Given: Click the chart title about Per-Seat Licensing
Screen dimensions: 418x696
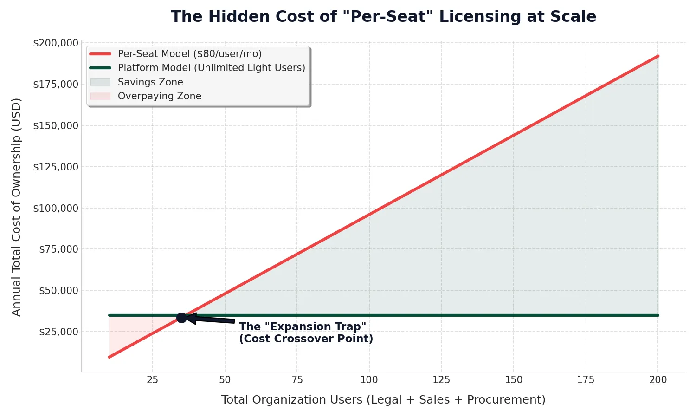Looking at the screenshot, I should [383, 17].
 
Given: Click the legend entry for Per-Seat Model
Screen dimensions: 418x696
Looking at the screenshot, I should [189, 54].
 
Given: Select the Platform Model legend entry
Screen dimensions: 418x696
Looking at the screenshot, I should [211, 68].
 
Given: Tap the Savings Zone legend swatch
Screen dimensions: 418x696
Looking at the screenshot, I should [100, 82].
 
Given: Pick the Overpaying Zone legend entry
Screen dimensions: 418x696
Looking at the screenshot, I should [159, 96].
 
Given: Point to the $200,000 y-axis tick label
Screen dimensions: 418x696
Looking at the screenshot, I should [56, 43].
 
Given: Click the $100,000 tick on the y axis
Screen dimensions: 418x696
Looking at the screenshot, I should [56, 208].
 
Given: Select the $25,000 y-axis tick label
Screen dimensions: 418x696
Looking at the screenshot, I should [58, 332].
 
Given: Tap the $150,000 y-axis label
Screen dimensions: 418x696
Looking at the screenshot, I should [56, 125].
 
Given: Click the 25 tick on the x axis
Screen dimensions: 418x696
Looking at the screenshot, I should [153, 380].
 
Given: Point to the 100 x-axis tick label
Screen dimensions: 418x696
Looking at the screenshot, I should [369, 380].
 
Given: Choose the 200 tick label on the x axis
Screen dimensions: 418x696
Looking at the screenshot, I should [658, 380].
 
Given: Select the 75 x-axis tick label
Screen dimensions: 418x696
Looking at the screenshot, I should [297, 380].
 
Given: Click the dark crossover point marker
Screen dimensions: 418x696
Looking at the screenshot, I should [181, 318].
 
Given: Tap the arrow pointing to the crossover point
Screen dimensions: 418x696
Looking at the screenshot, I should [211, 320].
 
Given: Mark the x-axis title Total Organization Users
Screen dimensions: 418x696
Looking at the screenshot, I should [383, 400].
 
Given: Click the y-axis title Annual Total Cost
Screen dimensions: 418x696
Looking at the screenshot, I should [17, 207].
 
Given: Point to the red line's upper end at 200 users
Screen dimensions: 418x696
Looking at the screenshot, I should [657, 56].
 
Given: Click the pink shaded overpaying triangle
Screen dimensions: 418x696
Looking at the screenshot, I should [125, 330].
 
